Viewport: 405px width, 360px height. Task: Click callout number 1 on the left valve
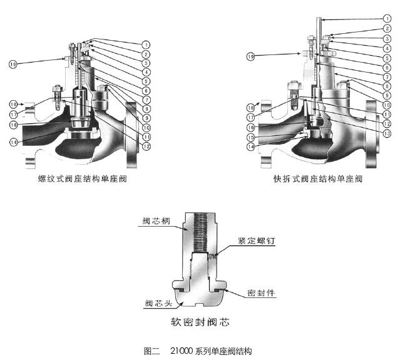click(145, 44)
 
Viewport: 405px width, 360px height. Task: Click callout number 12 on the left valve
click(145, 147)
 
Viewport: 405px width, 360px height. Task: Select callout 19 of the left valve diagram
click(13, 64)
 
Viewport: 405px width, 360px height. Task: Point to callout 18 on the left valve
click(13, 104)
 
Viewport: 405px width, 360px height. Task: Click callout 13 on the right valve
click(387, 134)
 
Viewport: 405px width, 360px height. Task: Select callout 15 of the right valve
click(251, 138)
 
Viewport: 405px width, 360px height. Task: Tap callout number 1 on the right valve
click(387, 19)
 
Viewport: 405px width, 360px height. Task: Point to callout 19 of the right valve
click(251, 56)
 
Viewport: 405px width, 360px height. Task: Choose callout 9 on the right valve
click(387, 95)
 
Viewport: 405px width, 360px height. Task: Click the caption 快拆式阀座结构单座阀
click(318, 178)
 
